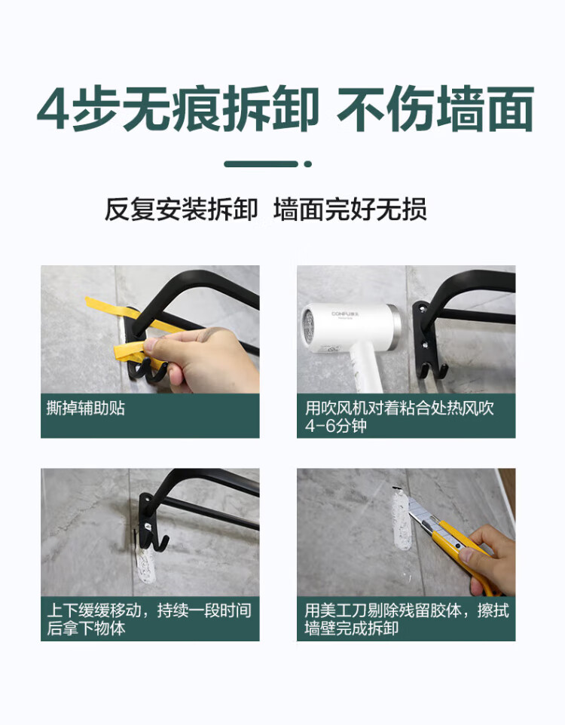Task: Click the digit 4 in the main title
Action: (53, 109)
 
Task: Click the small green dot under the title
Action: (308, 164)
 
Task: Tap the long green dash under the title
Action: (261, 164)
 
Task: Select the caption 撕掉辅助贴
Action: (86, 408)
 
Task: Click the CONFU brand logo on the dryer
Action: (345, 314)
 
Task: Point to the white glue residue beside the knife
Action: (401, 520)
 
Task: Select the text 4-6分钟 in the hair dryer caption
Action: (336, 426)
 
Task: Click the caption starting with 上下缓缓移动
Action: (149, 619)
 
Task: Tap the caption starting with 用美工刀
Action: (407, 619)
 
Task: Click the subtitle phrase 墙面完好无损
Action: (350, 210)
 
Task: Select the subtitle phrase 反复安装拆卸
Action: (181, 210)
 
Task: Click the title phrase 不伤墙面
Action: (435, 109)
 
